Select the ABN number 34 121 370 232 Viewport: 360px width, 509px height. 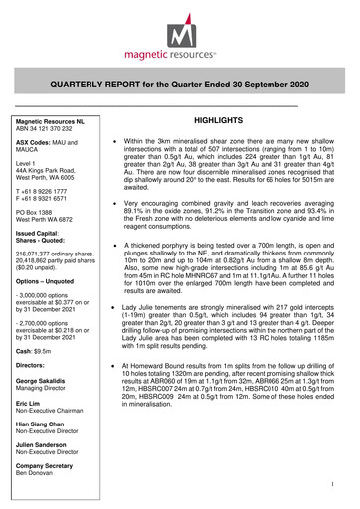[49, 127]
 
